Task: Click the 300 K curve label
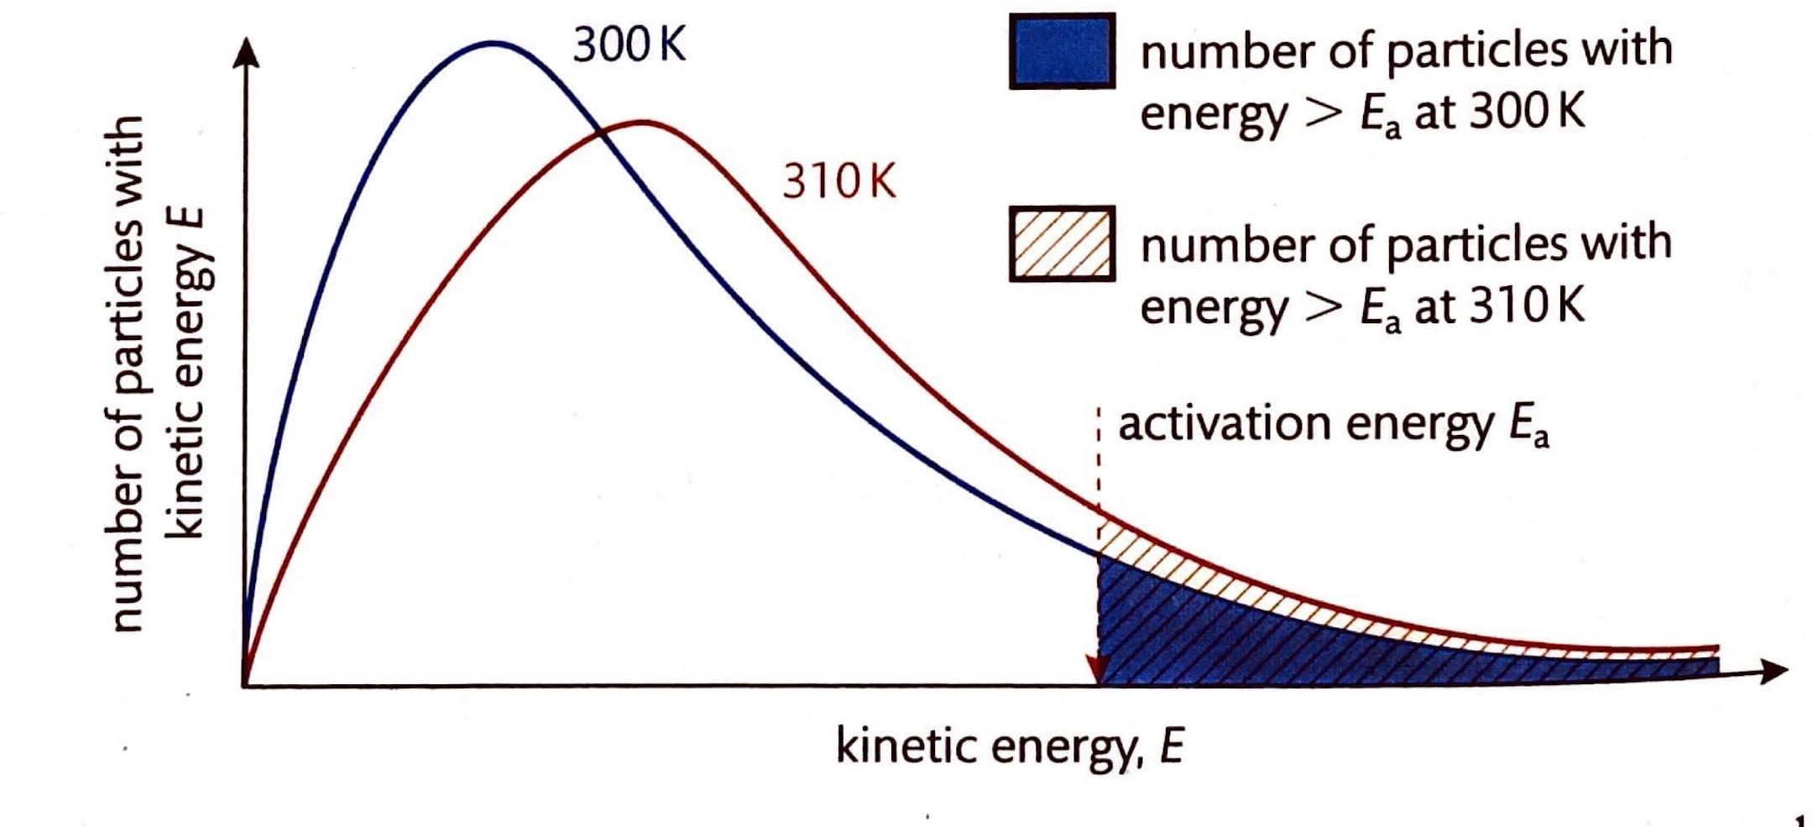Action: tap(629, 44)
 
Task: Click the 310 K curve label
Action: tap(838, 181)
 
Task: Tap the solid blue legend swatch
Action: tap(1062, 51)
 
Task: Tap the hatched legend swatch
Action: tap(1062, 243)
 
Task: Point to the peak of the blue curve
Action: tap(494, 42)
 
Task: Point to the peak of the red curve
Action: tap(642, 123)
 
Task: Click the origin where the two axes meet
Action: tap(245, 686)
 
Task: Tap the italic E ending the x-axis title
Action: tap(1172, 745)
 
